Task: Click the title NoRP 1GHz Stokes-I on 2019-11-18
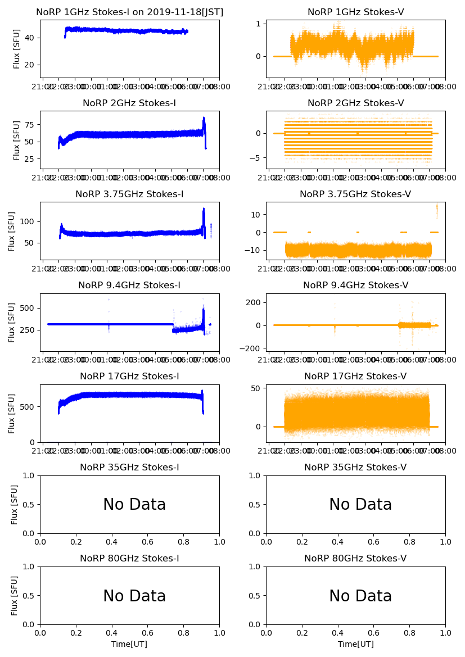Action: pos(129,12)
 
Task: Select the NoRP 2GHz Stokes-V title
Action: pos(355,103)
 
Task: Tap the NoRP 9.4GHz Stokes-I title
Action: pos(129,286)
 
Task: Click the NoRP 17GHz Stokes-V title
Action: pos(355,377)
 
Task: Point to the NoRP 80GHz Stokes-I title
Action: pos(129,559)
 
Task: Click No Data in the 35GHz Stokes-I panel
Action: pos(134,505)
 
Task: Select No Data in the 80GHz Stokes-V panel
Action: pos(360,596)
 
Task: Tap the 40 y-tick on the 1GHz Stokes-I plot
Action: pos(30,38)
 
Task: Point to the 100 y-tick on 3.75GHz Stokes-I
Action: pos(26,221)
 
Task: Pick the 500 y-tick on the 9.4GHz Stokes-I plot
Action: pos(26,308)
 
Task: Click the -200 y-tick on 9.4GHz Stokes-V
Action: pos(252,348)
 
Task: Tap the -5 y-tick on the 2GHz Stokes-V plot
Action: pos(256,158)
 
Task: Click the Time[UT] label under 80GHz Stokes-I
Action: pos(129,644)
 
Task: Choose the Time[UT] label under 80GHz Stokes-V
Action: pos(355,644)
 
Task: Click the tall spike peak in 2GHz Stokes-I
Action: pos(204,118)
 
